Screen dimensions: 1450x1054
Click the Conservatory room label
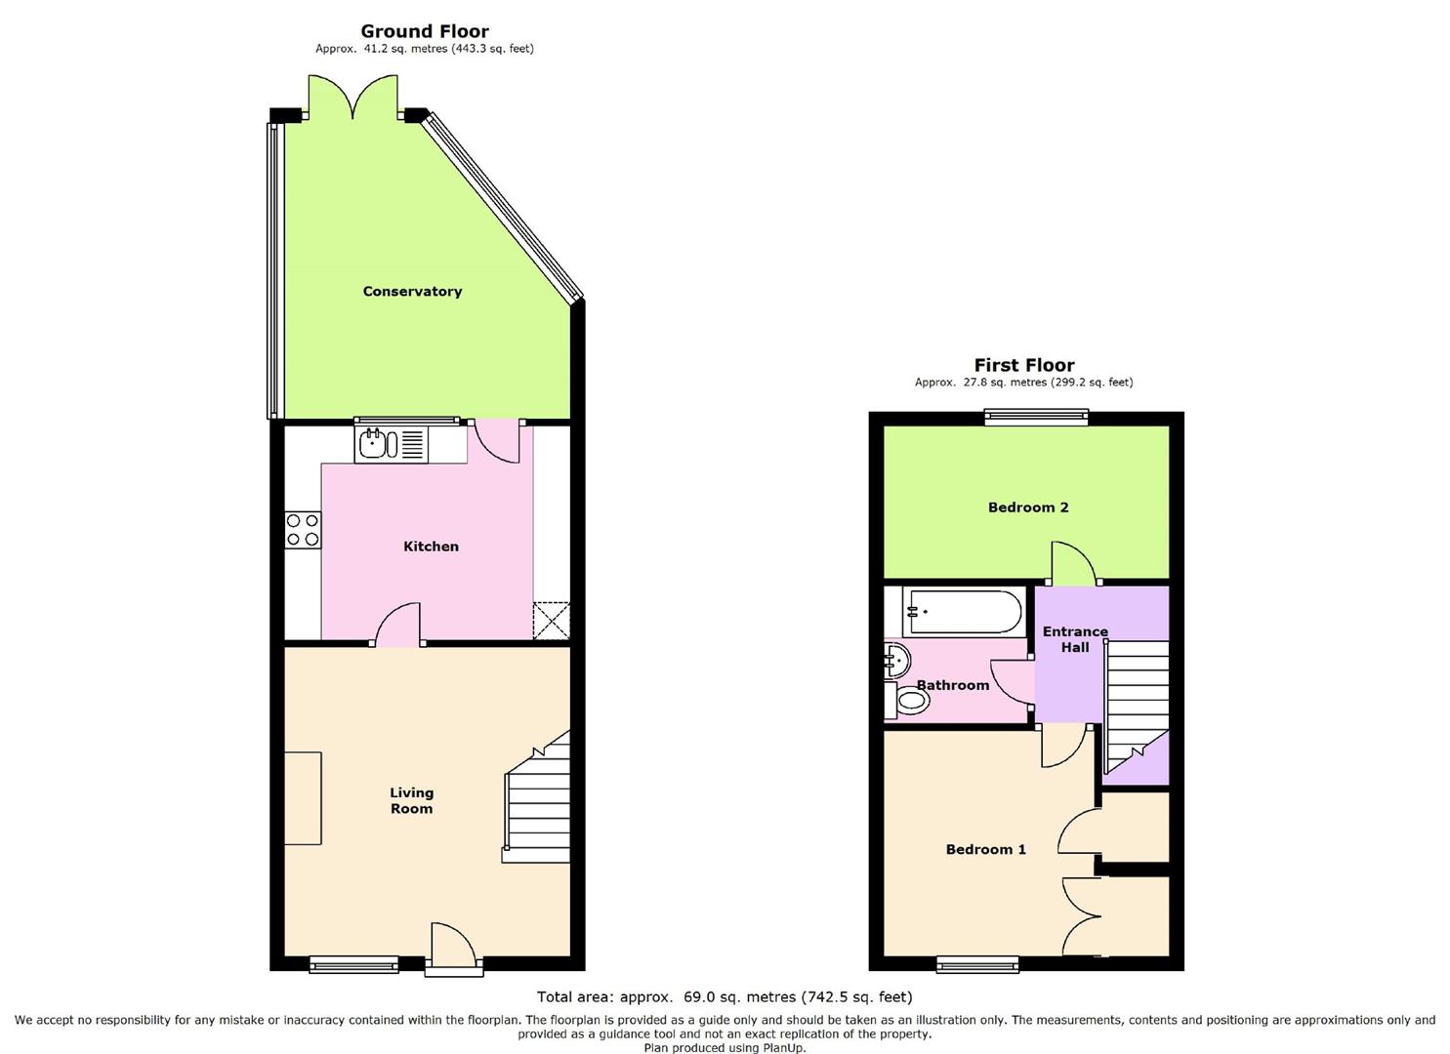412,291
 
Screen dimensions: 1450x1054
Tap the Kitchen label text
432,547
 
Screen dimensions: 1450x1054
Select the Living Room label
412,800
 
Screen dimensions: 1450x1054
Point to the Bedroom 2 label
1028,507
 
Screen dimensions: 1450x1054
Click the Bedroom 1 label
986,849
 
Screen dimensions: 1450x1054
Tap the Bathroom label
953,684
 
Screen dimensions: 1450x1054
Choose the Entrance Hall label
1075,638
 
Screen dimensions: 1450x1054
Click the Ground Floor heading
425,31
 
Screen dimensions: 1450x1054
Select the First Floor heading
1024,365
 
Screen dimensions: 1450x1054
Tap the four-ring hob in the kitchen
303,530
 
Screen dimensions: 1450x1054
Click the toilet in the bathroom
907,700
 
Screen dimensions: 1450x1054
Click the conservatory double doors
352,97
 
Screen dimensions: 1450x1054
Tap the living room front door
454,948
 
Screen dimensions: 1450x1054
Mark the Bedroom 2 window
1036,418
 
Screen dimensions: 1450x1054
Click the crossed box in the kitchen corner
552,621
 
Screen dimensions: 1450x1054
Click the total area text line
725,996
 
